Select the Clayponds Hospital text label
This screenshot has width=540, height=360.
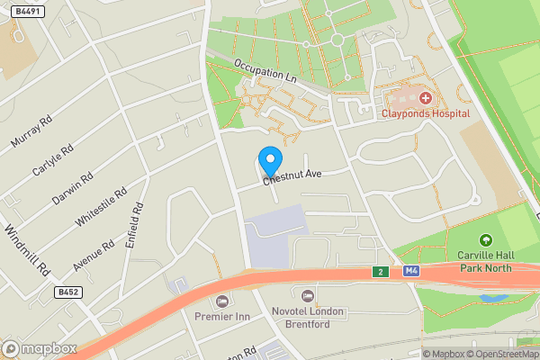(x=426, y=114)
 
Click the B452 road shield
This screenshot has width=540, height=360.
(x=67, y=292)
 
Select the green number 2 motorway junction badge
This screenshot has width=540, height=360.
(x=381, y=272)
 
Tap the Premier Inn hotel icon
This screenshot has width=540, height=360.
(x=221, y=300)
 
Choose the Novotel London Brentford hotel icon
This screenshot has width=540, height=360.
(x=309, y=295)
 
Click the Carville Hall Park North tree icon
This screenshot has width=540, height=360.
(x=486, y=240)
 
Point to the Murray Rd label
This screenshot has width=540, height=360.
(x=29, y=128)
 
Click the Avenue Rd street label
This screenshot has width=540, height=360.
(x=94, y=256)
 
